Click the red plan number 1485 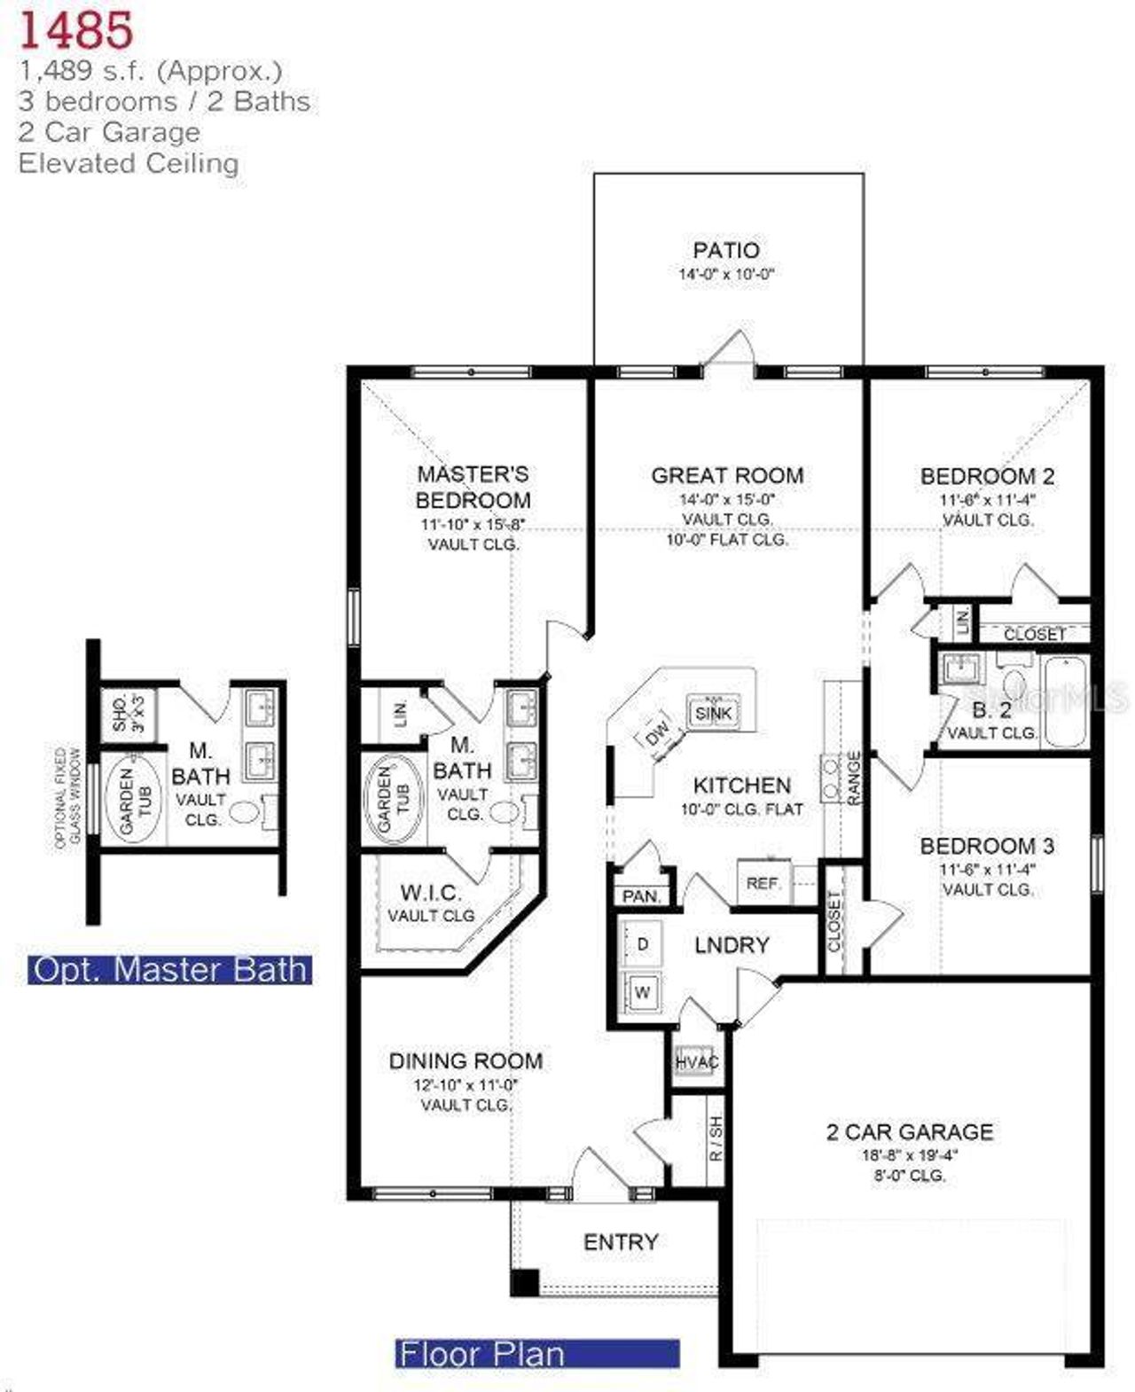[76, 29]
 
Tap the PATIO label [726, 251]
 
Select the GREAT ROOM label [727, 476]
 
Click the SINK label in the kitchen [713, 713]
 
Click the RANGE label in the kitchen [854, 778]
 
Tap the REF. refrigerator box [763, 883]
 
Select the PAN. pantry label [641, 896]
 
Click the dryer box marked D [642, 945]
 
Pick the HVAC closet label [697, 1062]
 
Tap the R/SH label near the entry [716, 1139]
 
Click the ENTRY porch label [621, 1242]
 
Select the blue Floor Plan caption [536, 1354]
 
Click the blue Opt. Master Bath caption [170, 969]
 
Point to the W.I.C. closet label [431, 893]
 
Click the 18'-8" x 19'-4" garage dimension [910, 1155]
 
